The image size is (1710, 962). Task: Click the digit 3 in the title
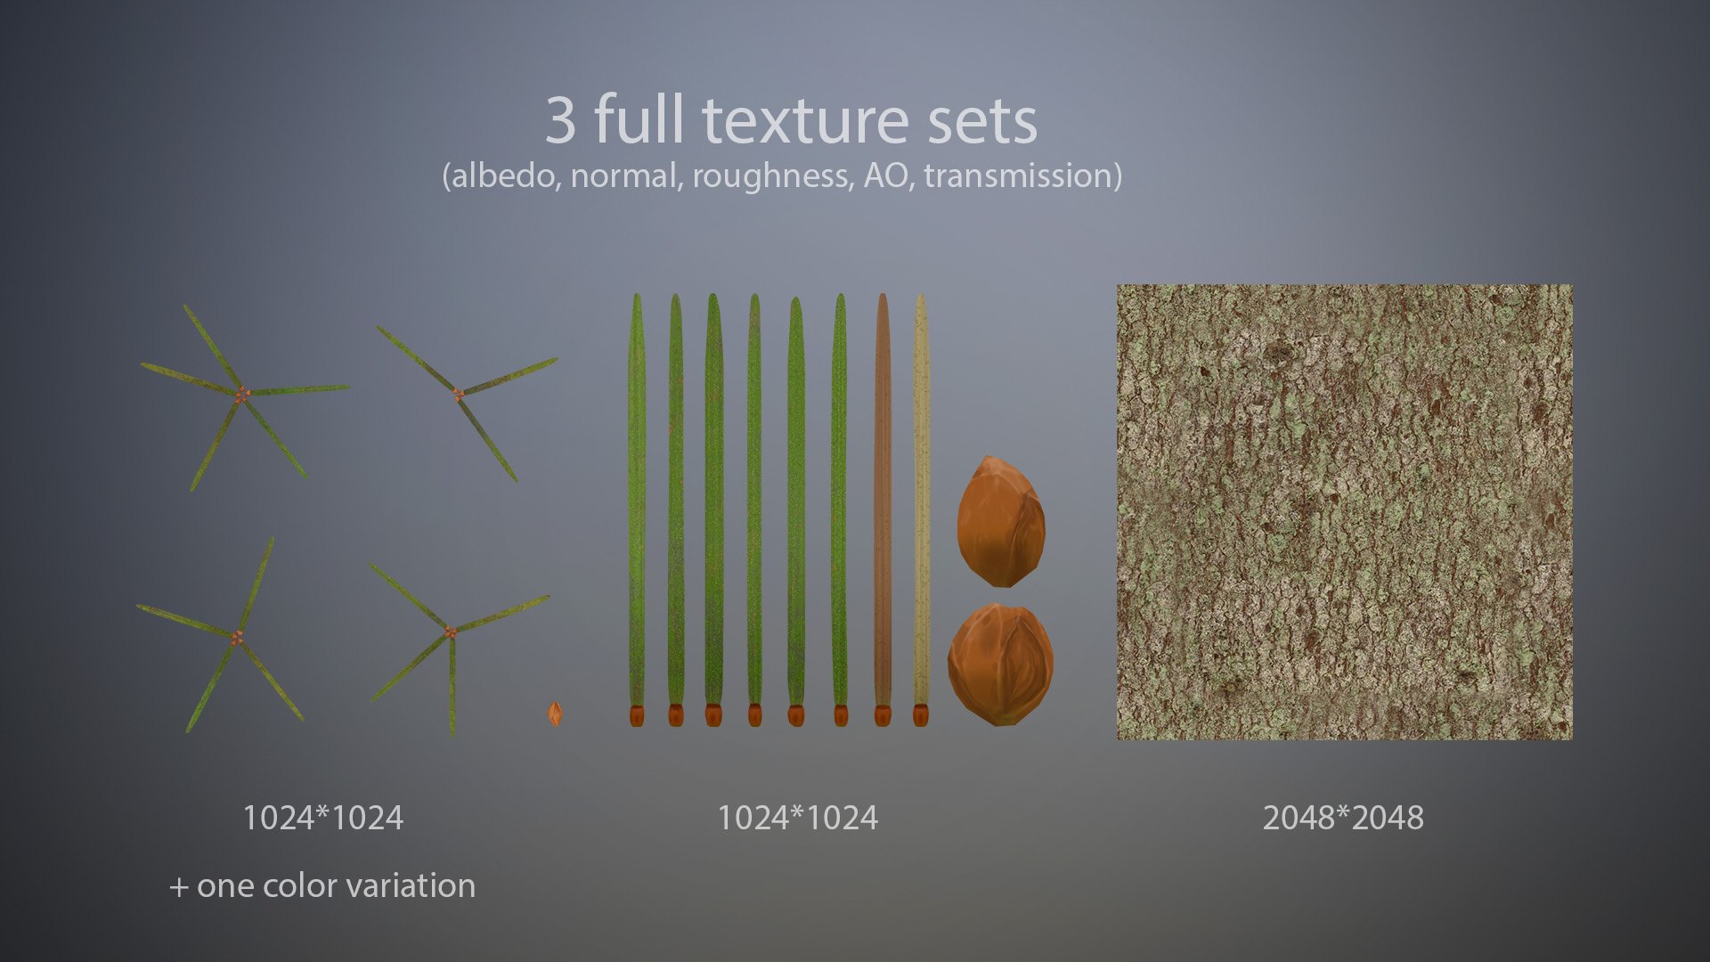(x=560, y=121)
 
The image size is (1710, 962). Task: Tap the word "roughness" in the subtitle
(x=770, y=175)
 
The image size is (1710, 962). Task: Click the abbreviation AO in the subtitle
(x=884, y=175)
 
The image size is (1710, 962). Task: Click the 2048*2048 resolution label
(x=1342, y=818)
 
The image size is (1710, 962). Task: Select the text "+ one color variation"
(x=322, y=885)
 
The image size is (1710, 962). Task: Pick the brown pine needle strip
(x=882, y=499)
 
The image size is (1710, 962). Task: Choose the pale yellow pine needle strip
(x=921, y=499)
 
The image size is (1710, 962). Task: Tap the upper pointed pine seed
(x=1001, y=522)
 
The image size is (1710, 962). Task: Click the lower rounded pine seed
(x=1000, y=664)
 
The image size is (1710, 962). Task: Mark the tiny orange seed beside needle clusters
(x=555, y=713)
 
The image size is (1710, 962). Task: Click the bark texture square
(x=1344, y=512)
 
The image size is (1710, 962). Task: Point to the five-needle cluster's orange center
(x=241, y=393)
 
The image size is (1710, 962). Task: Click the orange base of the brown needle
(x=882, y=714)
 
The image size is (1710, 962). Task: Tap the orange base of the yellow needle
(x=920, y=714)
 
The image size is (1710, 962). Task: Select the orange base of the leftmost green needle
(x=636, y=714)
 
